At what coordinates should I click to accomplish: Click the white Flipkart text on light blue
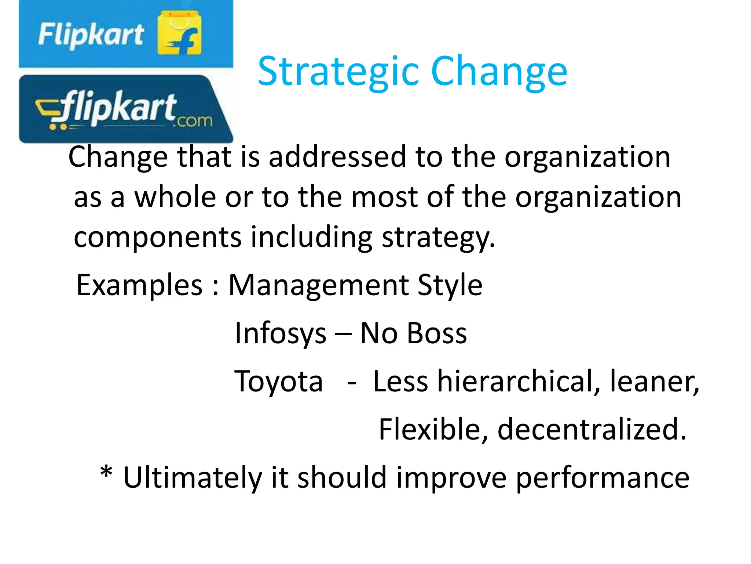91,35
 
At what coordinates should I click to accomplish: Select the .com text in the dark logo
193,120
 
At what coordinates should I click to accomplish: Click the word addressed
337,156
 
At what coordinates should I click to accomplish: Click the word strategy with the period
439,238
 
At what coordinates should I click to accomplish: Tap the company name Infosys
281,333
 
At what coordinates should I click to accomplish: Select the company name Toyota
279,382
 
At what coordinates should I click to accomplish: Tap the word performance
602,478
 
